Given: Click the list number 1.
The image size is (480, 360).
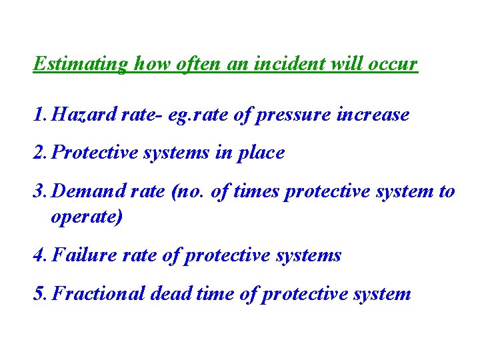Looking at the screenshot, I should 38,115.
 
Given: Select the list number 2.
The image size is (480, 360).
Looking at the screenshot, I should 38,153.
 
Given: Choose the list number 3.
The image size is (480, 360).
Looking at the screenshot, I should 38,191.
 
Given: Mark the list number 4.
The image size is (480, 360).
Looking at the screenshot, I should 38,255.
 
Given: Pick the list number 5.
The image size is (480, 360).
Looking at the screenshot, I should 38,294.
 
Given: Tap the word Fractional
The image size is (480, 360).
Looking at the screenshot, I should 98,294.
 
